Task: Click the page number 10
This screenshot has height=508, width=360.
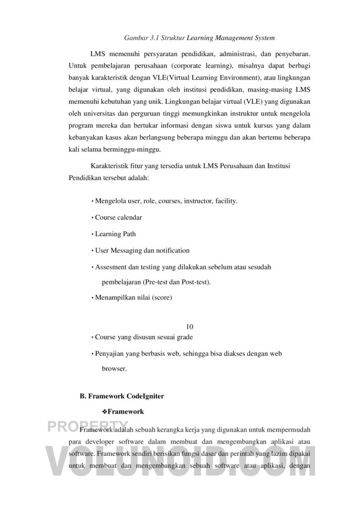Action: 189,326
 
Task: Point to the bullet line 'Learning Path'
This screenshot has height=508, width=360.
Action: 115,234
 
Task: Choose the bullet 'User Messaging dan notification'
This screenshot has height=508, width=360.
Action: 142,251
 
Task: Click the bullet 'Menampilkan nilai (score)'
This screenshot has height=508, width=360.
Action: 133,298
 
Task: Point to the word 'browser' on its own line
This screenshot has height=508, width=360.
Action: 114,369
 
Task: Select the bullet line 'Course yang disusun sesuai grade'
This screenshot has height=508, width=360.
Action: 144,337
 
